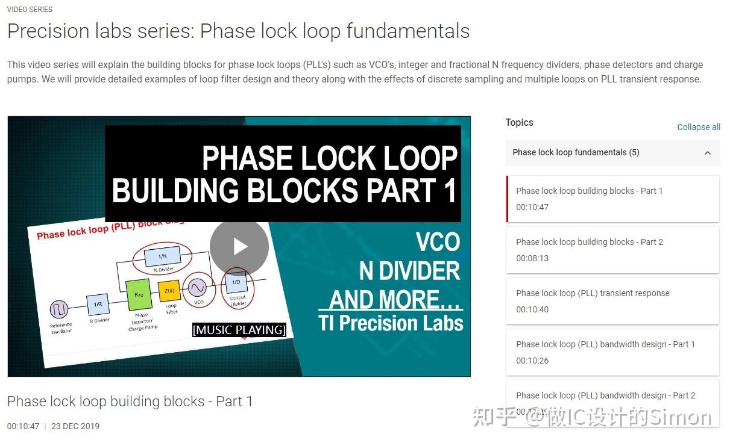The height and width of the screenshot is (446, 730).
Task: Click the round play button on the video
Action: tap(239, 247)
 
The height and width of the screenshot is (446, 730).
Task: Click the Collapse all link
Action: tap(699, 127)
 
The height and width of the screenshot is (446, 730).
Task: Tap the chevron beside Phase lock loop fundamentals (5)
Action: tap(708, 153)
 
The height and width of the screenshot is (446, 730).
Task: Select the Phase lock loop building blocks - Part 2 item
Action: tap(612, 250)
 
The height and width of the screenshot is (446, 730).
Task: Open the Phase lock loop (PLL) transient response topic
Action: tap(612, 301)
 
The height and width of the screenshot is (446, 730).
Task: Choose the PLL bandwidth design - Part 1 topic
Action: tap(612, 352)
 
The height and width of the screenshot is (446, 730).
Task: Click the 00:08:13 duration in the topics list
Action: tap(532, 258)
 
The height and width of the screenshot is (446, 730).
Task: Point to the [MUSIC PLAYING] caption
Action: tap(239, 330)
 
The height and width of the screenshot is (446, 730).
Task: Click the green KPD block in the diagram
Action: tap(139, 295)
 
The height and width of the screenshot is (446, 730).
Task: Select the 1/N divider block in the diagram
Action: tap(162, 257)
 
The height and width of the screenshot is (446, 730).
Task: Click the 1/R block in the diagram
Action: tap(98, 305)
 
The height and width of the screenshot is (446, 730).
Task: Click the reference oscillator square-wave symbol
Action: tap(60, 311)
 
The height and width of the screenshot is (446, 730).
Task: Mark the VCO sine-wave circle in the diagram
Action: tap(198, 287)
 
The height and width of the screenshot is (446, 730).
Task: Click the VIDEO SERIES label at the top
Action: tap(30, 10)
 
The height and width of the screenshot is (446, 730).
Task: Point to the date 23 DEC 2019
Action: tap(75, 426)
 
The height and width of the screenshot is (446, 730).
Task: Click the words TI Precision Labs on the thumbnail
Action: tap(391, 323)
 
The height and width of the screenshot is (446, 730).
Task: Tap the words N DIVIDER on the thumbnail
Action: tap(409, 271)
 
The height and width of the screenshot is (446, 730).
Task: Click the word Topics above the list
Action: tap(519, 123)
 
